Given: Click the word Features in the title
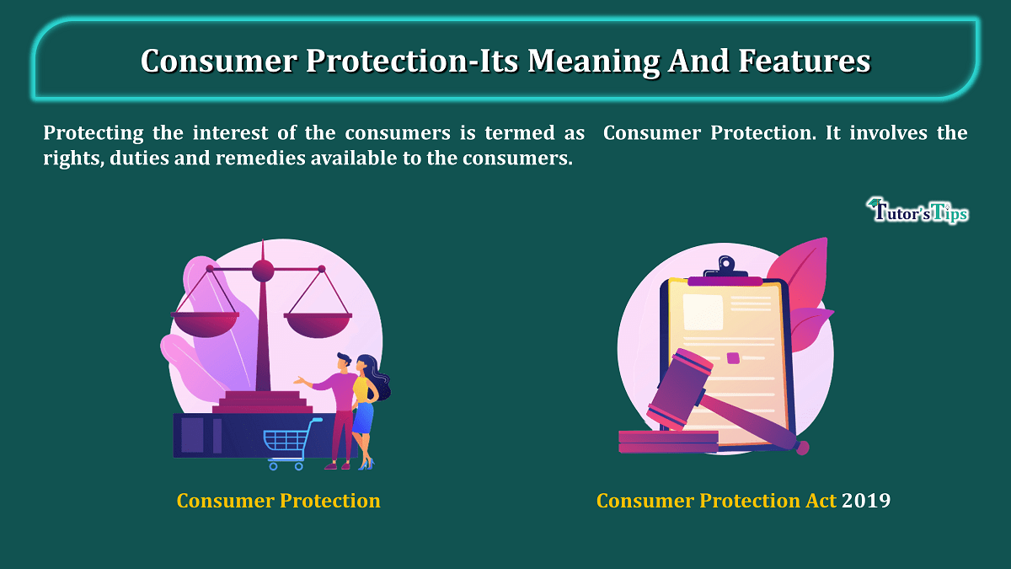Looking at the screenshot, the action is coord(805,61).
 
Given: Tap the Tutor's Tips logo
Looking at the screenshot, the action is coord(917,211).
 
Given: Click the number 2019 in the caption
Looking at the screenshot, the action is coord(866,501).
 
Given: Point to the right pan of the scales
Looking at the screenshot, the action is coord(318,325).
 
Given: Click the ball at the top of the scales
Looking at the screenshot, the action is coord(263,271).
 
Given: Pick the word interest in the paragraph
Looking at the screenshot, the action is coord(230,133).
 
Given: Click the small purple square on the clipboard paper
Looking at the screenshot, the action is coord(733,358).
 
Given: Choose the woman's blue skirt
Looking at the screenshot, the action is coord(363,417).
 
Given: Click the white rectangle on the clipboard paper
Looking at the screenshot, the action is coord(703,312).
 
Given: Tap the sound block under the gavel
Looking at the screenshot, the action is coord(668,442).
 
